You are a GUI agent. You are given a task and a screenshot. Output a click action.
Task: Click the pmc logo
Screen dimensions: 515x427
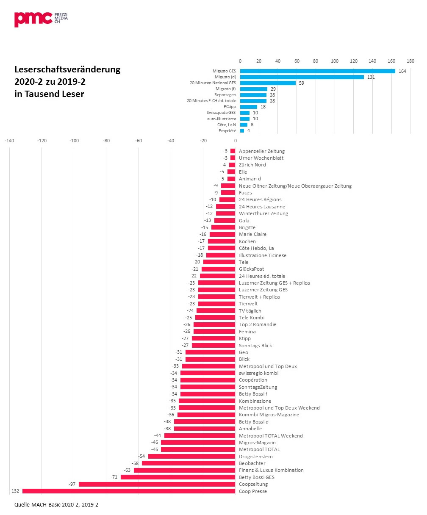click(41, 19)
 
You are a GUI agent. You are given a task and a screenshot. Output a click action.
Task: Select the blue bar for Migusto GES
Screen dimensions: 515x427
click(317, 71)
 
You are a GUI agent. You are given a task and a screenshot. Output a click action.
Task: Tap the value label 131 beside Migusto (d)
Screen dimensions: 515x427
click(371, 77)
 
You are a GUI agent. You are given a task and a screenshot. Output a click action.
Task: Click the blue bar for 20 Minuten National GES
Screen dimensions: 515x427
click(268, 83)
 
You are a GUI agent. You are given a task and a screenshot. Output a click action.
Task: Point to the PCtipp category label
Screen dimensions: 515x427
click(230, 107)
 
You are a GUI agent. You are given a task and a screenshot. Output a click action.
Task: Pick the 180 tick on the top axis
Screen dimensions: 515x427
click(410, 61)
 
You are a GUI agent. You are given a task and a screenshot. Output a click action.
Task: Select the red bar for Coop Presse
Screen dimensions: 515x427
click(129, 491)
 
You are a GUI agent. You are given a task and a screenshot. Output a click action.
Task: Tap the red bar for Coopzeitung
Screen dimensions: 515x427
click(157, 484)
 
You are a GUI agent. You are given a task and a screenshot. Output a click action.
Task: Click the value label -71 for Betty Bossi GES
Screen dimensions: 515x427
click(114, 477)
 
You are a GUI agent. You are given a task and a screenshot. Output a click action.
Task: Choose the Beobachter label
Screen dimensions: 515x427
click(252, 463)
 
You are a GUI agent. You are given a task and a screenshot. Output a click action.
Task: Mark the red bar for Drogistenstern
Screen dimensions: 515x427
click(191, 456)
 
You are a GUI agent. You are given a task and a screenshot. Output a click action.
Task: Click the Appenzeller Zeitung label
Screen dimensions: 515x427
click(262, 151)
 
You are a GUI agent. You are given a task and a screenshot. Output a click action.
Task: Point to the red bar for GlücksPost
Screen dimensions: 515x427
click(218, 269)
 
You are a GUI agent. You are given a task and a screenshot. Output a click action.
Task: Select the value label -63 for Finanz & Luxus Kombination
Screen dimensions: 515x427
click(127, 470)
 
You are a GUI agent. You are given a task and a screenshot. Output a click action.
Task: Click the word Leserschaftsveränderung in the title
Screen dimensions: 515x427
click(67, 69)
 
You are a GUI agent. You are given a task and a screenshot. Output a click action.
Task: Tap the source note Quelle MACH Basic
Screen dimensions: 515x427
click(56, 505)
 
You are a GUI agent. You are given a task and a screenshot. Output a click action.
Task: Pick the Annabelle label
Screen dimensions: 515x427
click(251, 429)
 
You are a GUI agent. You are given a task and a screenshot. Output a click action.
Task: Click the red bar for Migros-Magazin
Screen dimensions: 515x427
click(198, 443)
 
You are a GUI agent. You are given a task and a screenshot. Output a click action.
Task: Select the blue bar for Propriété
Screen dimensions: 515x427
click(242, 130)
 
